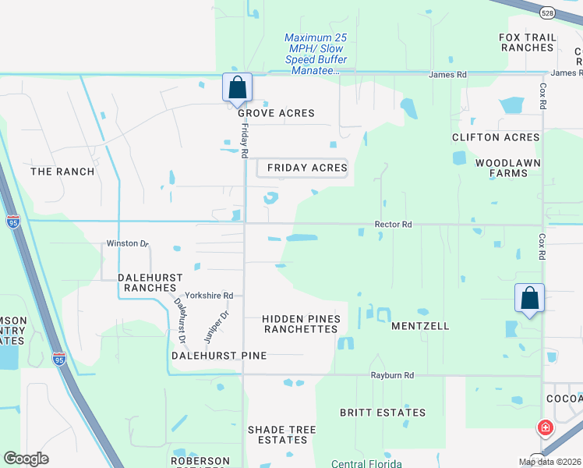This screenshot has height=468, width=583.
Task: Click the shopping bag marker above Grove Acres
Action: point(238,87)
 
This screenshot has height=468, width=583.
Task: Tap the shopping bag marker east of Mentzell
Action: point(529,299)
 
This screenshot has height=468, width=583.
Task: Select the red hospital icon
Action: point(546,427)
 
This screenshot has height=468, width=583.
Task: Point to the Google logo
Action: point(26,458)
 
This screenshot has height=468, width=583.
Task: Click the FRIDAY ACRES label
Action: point(306,168)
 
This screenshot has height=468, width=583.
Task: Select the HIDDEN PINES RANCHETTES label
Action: point(301,324)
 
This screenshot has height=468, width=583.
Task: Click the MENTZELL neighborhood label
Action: point(420,326)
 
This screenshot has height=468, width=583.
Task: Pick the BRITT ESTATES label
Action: point(383,413)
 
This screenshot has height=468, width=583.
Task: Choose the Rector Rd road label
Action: point(393,225)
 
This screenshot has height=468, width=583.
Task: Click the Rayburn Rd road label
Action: point(393,375)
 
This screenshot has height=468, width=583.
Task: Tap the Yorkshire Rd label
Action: point(209,296)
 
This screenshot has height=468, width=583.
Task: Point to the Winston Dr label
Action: point(127,244)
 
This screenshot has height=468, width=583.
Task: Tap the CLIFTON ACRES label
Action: point(496,137)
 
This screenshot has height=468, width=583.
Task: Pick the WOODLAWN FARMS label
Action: point(507,168)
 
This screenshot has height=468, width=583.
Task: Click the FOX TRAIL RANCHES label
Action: point(528,42)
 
